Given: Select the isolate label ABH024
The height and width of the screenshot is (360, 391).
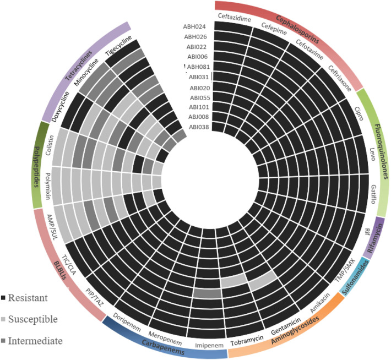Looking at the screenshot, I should (x=196, y=26).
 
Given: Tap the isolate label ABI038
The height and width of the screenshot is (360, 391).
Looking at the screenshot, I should (x=197, y=127).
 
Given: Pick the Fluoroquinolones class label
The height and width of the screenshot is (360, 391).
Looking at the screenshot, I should (x=381, y=159).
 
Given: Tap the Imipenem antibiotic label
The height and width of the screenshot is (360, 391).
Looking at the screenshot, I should (x=210, y=346).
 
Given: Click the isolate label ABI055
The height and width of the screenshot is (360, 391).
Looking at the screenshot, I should (x=197, y=97).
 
